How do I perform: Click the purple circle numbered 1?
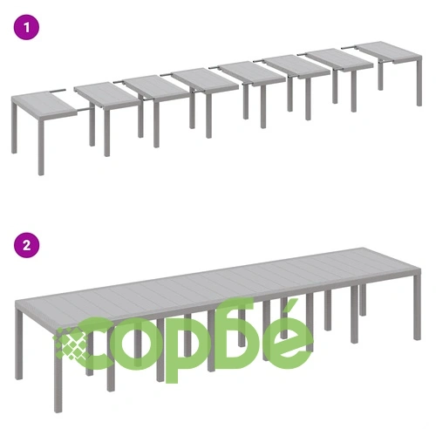tap(26, 28)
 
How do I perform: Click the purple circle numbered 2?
tap(26, 245)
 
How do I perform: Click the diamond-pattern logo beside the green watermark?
tap(71, 343)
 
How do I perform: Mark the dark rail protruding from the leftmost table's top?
tap(58, 91)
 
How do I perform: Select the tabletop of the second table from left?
tap(106, 94)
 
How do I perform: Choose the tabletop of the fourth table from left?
tap(205, 78)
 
